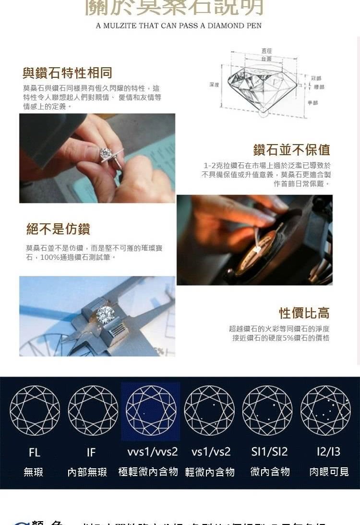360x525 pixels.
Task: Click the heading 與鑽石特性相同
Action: coord(67,73)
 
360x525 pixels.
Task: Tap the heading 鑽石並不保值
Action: coord(291,149)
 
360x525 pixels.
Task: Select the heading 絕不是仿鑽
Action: coord(58,229)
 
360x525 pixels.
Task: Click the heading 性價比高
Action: coord(304,313)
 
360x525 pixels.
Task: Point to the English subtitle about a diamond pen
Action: coord(179,25)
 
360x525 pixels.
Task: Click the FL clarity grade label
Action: coord(35,452)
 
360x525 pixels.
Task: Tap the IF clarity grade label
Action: coord(91,452)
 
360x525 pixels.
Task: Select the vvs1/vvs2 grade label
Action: coord(153,452)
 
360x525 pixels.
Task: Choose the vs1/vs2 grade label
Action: coord(211,452)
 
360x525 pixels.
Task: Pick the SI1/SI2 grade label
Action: coord(269,452)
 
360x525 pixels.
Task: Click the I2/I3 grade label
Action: coord(328,452)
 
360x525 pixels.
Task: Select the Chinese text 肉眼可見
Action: coord(329,472)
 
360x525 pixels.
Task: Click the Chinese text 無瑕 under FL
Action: coord(34,472)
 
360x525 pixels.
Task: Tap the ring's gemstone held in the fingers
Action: coord(105,154)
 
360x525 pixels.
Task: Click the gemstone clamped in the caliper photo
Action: coord(105,314)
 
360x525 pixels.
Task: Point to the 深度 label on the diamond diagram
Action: coord(214,85)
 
